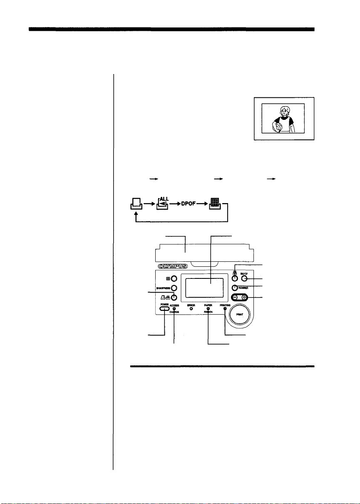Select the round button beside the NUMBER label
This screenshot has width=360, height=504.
235,287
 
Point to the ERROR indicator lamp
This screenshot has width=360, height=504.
189,309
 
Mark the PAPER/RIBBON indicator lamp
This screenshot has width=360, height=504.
208,309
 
